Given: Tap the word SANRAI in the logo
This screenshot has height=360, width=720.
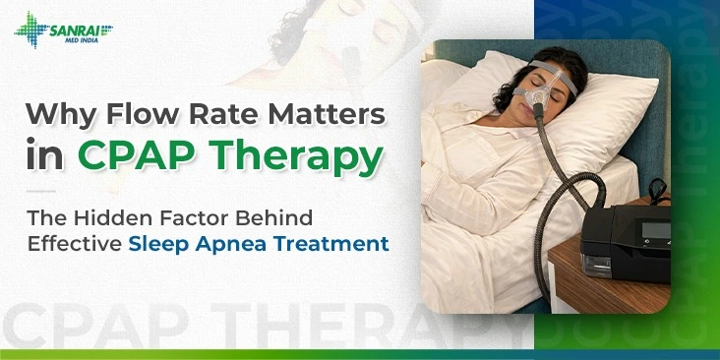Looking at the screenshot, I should [81, 22].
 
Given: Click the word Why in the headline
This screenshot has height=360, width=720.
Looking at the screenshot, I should [59, 114].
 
